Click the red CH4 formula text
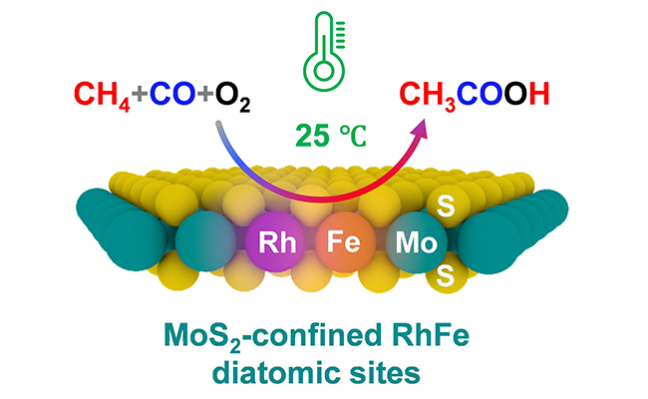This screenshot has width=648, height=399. point(100,96)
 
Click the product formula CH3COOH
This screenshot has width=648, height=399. point(475,96)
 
